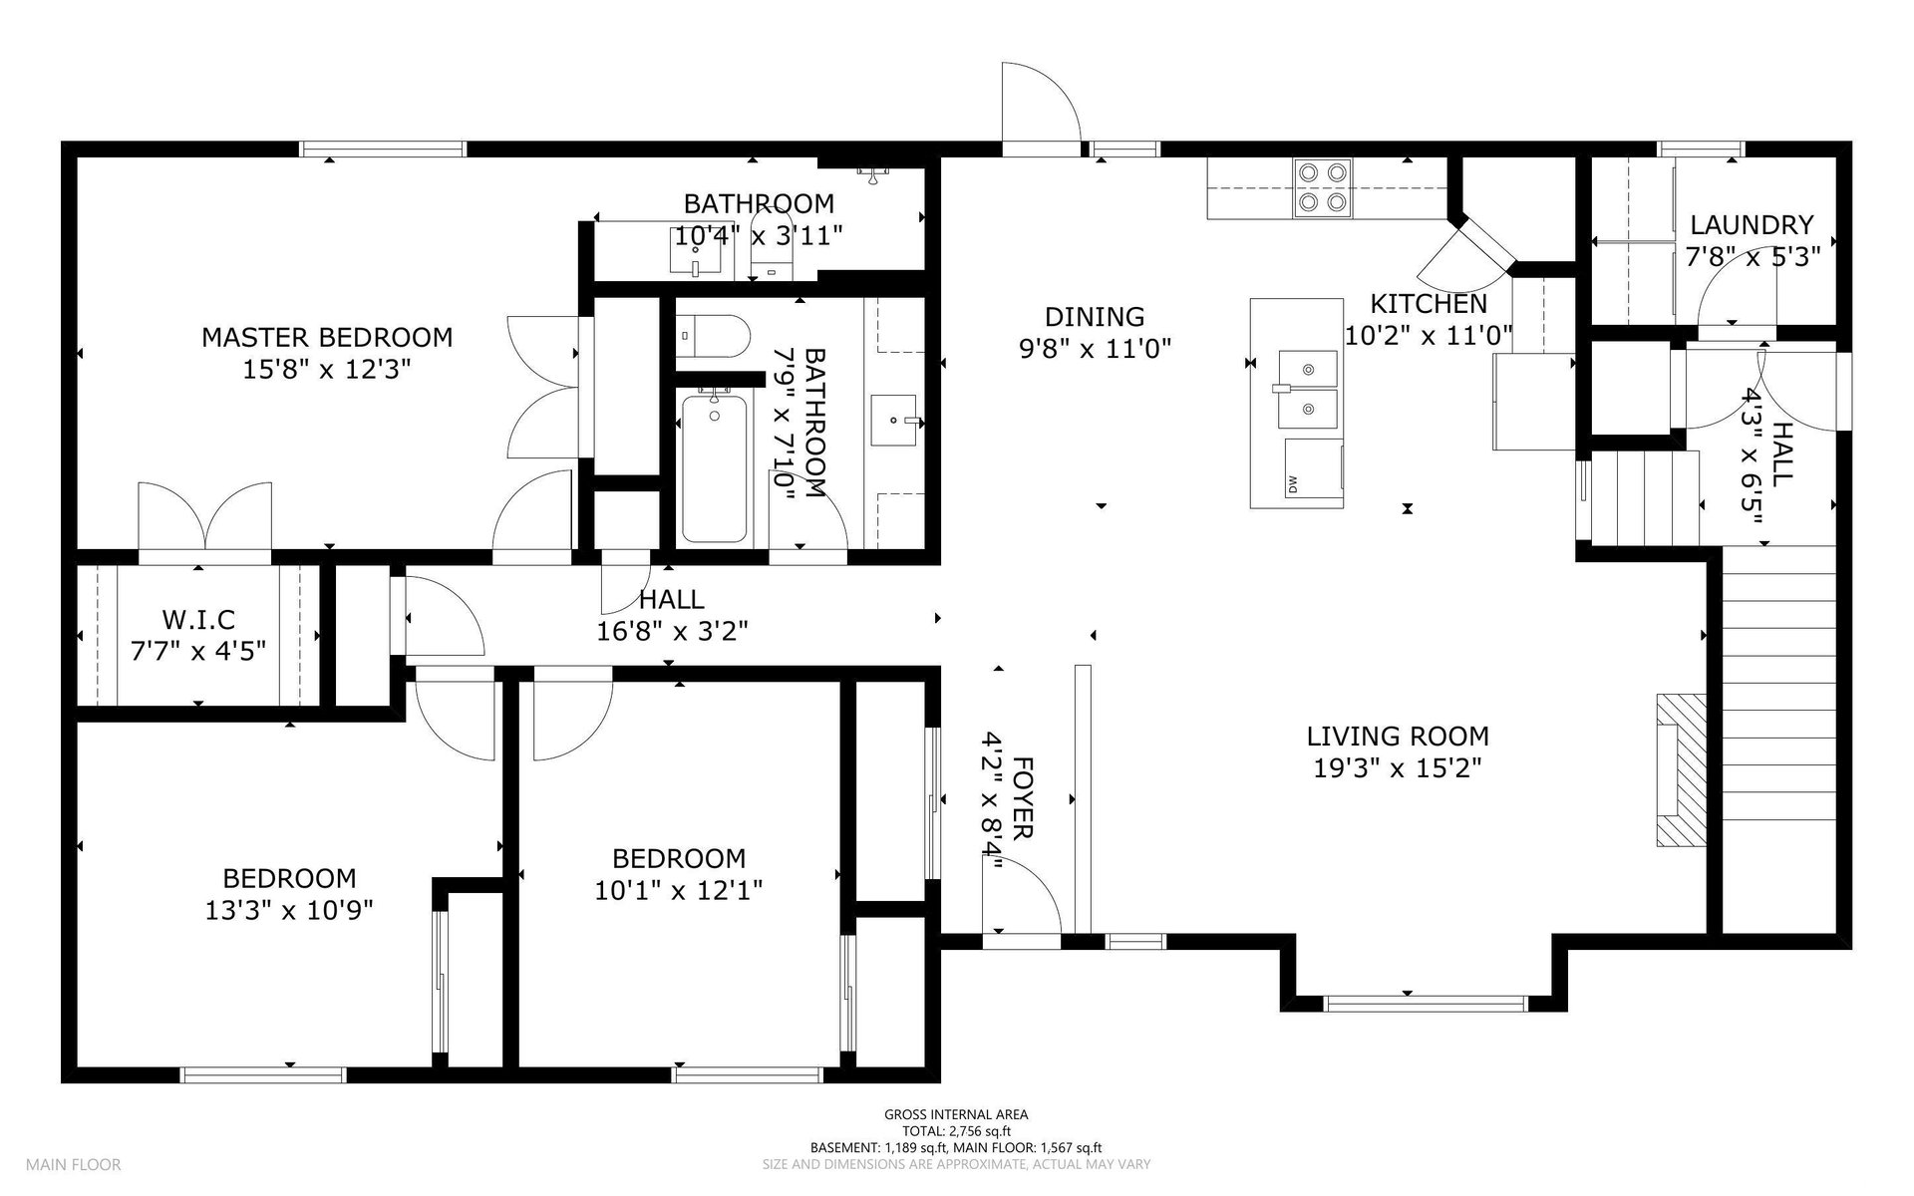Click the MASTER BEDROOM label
click(x=327, y=337)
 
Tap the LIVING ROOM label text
click(x=1398, y=737)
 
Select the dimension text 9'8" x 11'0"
click(x=1095, y=349)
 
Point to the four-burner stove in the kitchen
click(x=1323, y=188)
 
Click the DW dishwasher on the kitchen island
click(x=1313, y=466)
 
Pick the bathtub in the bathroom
click(x=714, y=468)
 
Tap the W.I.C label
click(x=198, y=620)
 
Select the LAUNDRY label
click(x=1752, y=225)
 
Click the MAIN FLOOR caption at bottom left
click(x=74, y=1164)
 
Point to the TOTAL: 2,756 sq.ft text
click(x=956, y=1131)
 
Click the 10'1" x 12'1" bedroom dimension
click(x=679, y=890)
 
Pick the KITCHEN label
click(x=1429, y=304)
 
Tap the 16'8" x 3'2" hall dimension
click(x=672, y=631)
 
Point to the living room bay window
click(x=1426, y=1004)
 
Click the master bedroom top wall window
click(x=383, y=149)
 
